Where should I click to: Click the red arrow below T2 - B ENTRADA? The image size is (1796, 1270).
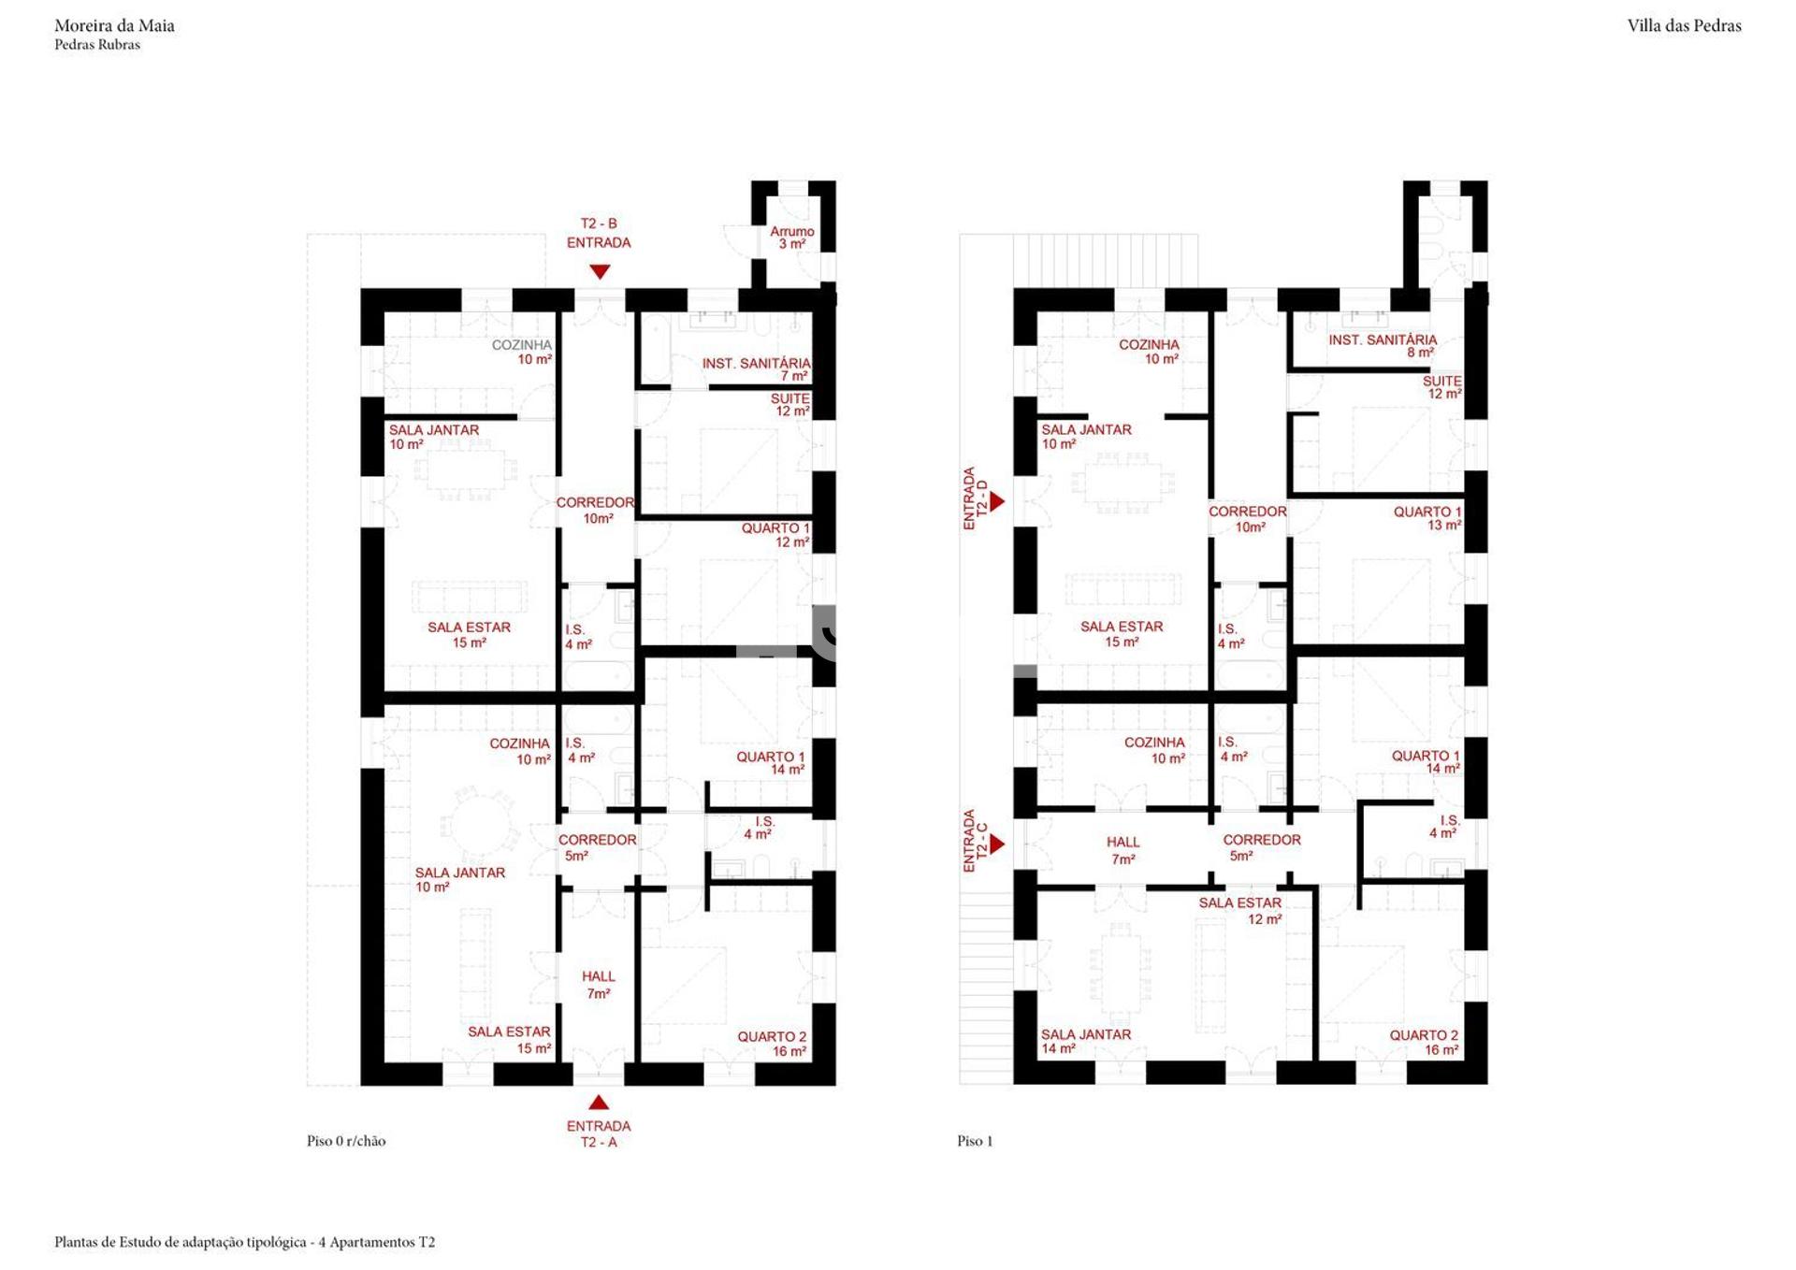point(600,271)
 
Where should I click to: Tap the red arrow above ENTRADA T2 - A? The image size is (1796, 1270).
point(599,1103)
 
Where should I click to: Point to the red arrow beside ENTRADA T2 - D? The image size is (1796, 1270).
point(997,501)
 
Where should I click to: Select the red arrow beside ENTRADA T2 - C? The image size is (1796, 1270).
point(997,844)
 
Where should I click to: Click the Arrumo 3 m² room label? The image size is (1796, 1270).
point(792,238)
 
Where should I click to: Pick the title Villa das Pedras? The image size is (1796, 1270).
point(1684,26)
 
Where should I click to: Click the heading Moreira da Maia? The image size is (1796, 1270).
point(114,26)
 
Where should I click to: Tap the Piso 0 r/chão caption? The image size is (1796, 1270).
point(346,1141)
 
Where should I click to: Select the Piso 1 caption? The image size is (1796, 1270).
point(975,1141)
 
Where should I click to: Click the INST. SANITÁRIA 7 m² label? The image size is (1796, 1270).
point(757,369)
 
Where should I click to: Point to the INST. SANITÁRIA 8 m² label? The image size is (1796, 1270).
point(1383,346)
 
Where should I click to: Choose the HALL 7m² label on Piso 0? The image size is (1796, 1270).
point(599,985)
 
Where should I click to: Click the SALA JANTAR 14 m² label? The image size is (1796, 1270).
point(1086,1042)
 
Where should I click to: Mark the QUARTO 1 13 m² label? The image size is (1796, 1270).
point(1427,518)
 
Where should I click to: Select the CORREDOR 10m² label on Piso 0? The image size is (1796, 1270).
point(596,511)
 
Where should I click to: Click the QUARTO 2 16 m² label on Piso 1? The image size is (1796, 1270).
point(1424,1043)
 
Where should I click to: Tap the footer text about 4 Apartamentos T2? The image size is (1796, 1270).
point(245,1242)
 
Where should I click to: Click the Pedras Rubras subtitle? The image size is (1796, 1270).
point(97,45)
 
